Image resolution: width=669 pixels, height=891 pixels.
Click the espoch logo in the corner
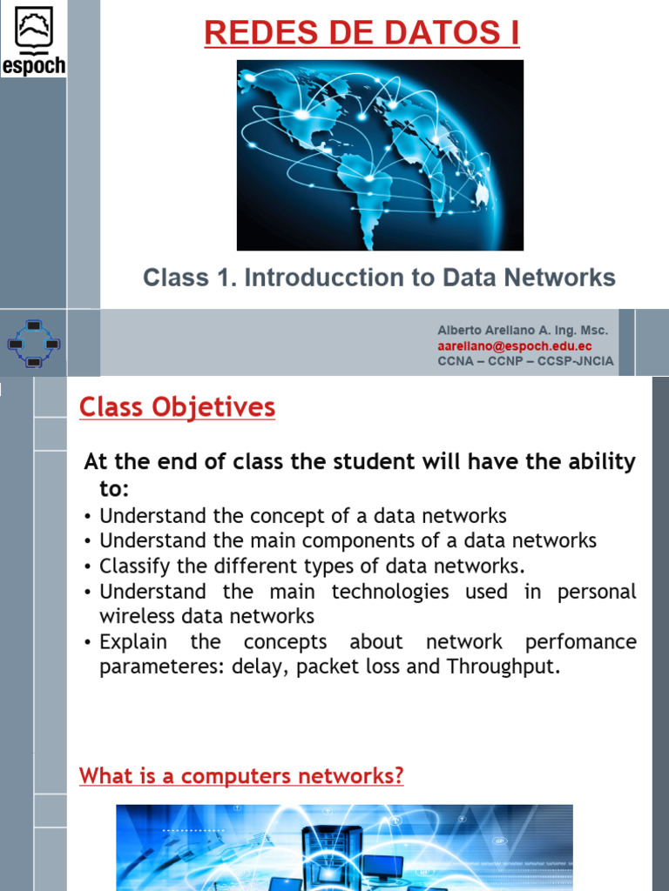(x=33, y=39)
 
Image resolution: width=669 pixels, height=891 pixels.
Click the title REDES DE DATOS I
(x=362, y=33)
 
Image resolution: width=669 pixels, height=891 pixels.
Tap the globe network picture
(x=380, y=155)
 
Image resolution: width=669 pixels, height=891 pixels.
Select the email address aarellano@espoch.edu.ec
(x=514, y=346)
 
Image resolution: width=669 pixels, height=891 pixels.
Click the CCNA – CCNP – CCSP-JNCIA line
(x=525, y=361)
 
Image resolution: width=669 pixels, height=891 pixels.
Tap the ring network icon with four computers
(x=33, y=343)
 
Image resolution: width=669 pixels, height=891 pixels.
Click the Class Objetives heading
(x=177, y=407)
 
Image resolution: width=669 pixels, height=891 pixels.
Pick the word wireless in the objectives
(x=134, y=617)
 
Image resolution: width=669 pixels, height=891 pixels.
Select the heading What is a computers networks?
(x=241, y=775)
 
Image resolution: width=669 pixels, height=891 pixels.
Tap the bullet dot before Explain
(x=89, y=643)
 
